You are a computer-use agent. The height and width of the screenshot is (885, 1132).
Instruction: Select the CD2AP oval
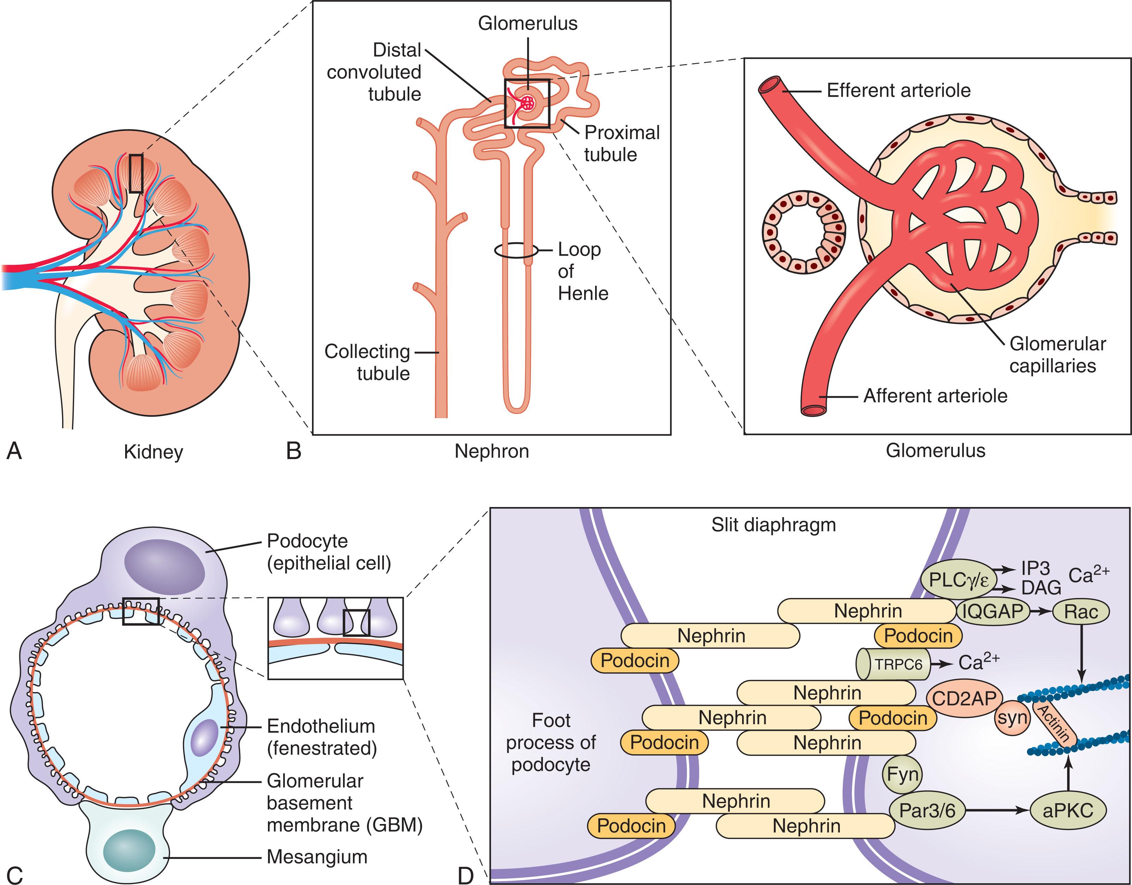[x=964, y=698]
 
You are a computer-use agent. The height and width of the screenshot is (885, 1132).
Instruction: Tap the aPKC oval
[x=1068, y=810]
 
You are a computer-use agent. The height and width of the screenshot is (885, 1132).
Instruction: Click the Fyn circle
[x=902, y=775]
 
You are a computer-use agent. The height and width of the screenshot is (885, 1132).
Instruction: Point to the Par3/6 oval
[x=927, y=810]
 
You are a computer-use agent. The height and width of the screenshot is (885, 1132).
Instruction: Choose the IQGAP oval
[x=993, y=612]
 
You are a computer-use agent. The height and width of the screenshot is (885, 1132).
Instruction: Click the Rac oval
[x=1081, y=612]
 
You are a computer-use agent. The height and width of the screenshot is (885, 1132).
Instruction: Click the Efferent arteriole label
[x=898, y=91]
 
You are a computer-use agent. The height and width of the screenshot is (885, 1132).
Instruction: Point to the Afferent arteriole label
[x=935, y=396]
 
